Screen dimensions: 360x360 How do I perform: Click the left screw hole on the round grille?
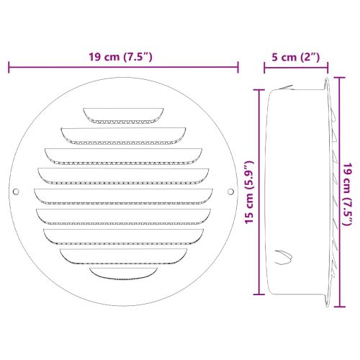coord(17,192)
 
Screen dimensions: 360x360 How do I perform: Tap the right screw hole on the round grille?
coord(230,192)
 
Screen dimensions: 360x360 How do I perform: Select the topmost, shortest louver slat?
coord(123,114)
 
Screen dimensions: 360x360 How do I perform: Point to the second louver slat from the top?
coord(123,132)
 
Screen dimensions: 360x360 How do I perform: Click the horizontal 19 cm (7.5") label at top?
coord(123,58)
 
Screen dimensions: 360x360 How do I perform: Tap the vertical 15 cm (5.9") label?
coord(248,192)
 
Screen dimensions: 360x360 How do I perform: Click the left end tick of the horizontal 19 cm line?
coord(9,68)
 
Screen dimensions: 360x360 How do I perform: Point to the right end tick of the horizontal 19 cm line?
coord(238,68)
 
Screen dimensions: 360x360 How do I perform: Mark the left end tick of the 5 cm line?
coord(264,68)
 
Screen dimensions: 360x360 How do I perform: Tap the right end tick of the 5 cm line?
coord(329,68)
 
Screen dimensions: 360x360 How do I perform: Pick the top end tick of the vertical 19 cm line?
coord(337,75)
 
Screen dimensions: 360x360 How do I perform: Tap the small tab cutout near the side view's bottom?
coord(282,256)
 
